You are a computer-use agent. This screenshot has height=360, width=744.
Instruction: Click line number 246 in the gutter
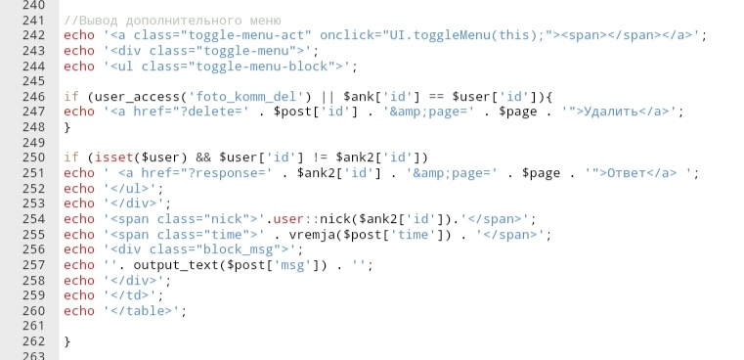(33, 97)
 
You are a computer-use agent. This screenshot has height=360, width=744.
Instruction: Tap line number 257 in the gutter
(33, 265)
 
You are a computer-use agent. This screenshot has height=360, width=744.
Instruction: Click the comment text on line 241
(173, 21)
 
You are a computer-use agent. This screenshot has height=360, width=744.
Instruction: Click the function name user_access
(138, 98)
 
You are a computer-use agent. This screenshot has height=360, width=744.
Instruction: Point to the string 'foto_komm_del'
(246, 97)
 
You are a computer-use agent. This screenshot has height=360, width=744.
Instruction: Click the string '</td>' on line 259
(130, 295)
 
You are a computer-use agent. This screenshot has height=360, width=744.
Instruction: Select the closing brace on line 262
(67, 342)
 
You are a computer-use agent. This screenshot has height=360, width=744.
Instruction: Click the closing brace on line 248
(67, 128)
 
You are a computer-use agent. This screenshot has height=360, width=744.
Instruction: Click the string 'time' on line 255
(413, 235)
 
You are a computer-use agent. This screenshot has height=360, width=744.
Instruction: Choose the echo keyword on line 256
(79, 249)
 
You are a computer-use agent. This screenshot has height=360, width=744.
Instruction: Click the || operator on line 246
(328, 98)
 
